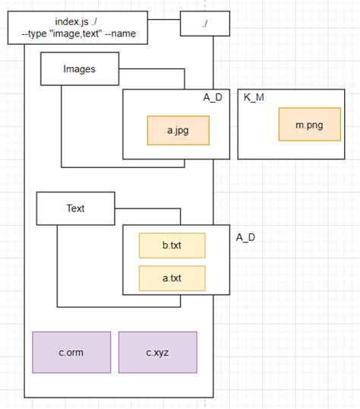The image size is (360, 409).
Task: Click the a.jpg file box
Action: click(177, 130)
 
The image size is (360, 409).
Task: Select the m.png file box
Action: click(309, 125)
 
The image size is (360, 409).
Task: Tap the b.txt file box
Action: click(172, 246)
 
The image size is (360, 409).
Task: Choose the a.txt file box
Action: click(172, 278)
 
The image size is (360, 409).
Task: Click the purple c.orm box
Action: click(71, 352)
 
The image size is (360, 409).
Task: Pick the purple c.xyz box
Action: click(158, 352)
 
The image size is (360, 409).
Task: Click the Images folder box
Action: click(79, 69)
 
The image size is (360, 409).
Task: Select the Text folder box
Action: click(76, 208)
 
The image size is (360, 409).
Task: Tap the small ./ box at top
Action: click(205, 24)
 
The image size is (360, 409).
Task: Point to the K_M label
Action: click(254, 98)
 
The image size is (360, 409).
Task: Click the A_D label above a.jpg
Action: click(212, 97)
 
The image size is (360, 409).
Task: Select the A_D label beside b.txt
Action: click(245, 237)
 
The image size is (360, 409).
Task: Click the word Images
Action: click(79, 69)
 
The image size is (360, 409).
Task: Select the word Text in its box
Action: click(76, 208)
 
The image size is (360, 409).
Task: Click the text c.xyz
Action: click(158, 352)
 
